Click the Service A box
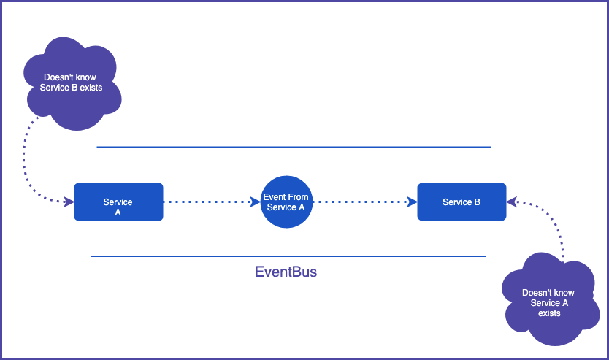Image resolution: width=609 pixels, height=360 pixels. pyautogui.click(x=118, y=202)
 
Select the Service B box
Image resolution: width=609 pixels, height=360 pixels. pyautogui.click(x=461, y=202)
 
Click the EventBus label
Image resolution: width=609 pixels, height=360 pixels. pyautogui.click(x=286, y=272)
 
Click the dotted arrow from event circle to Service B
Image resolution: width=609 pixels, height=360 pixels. pyautogui.click(x=361, y=202)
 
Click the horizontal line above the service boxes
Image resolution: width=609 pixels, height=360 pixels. pyautogui.click(x=294, y=147)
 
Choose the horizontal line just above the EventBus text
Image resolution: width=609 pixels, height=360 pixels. pyautogui.click(x=288, y=256)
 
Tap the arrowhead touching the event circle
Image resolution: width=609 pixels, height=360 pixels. pyautogui.click(x=256, y=202)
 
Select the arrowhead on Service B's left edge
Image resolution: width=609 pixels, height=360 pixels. pyautogui.click(x=412, y=202)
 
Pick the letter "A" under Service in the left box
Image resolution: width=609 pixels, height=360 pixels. pyautogui.click(x=118, y=212)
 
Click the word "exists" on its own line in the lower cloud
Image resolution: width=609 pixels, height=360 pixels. pyautogui.click(x=549, y=313)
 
